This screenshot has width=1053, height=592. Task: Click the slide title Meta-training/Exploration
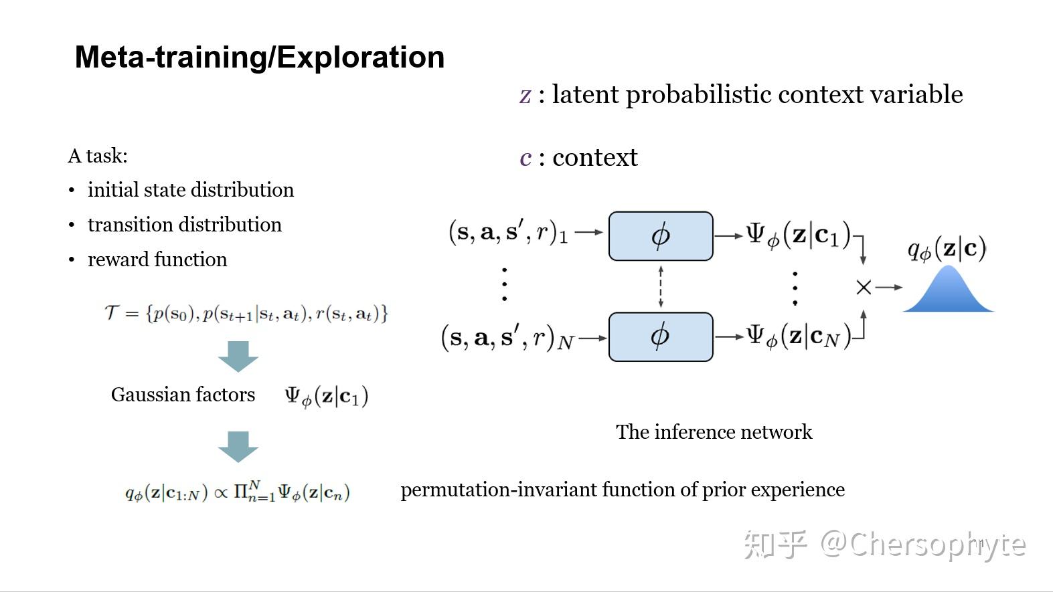260,58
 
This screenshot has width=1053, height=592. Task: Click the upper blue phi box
660,236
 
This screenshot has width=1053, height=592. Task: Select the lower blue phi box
660,336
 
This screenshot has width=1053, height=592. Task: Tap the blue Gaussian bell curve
948,293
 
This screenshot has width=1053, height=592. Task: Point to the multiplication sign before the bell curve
864,288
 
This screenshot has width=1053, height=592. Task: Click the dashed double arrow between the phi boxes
661,286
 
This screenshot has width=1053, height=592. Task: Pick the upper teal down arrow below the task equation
238,356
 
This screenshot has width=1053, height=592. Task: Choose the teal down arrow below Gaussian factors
238,446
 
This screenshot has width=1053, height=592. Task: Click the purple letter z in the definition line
525,95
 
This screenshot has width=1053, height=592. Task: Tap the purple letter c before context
525,158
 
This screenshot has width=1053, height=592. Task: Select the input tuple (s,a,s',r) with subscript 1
508,232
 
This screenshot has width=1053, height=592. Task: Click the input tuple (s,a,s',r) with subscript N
507,338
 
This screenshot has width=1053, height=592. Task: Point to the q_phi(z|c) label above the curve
947,249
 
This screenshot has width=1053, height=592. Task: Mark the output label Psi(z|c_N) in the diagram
799,336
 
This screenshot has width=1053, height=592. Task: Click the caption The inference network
714,432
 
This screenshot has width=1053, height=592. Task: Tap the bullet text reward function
157,260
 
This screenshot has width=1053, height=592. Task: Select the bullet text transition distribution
184,225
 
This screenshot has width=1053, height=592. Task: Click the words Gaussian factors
183,395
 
